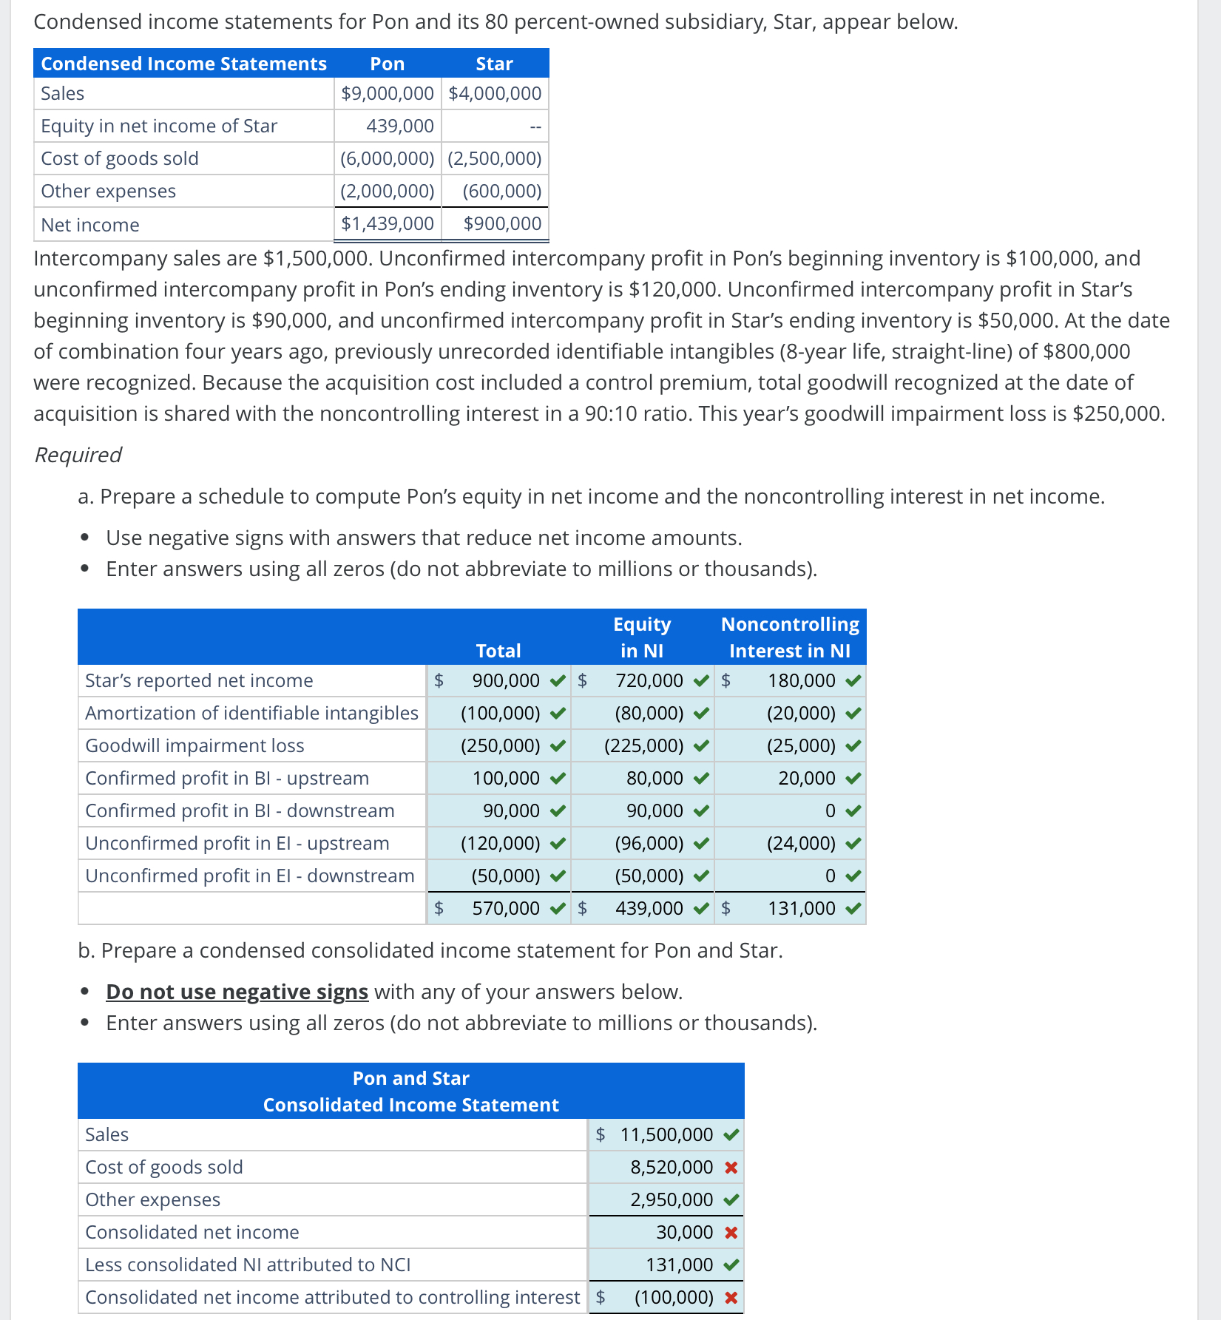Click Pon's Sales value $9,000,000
pyautogui.click(x=387, y=94)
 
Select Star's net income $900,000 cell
pyautogui.click(x=501, y=223)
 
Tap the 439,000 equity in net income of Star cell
pyautogui.click(x=399, y=126)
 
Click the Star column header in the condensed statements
pyautogui.click(x=494, y=64)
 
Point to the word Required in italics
pyautogui.click(x=78, y=455)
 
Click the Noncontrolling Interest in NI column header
pyautogui.click(x=789, y=637)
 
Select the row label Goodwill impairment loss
pyautogui.click(x=195, y=745)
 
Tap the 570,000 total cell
pyautogui.click(x=506, y=908)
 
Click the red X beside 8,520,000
pyautogui.click(x=731, y=1168)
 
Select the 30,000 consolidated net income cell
pyautogui.click(x=684, y=1232)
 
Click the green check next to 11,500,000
pyautogui.click(x=731, y=1134)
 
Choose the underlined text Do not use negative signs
pyautogui.click(x=237, y=992)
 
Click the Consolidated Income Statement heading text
pyautogui.click(x=410, y=1105)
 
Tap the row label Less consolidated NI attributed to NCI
pyautogui.click(x=248, y=1265)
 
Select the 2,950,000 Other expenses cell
pyautogui.click(x=672, y=1199)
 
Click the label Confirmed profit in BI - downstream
pyautogui.click(x=240, y=810)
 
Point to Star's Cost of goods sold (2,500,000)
pyautogui.click(x=494, y=159)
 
